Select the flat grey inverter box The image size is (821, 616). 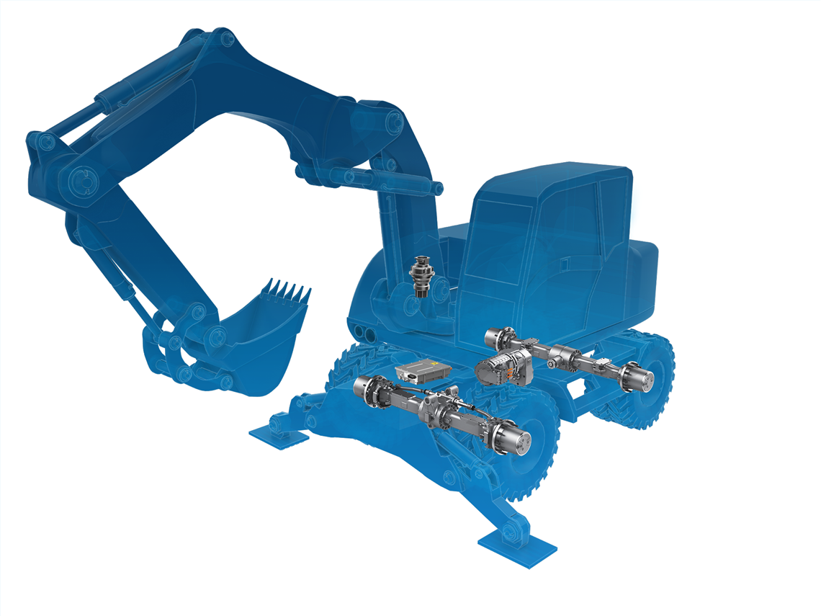tap(423, 370)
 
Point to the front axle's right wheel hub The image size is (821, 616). tap(516, 437)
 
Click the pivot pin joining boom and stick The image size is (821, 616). tap(81, 177)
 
